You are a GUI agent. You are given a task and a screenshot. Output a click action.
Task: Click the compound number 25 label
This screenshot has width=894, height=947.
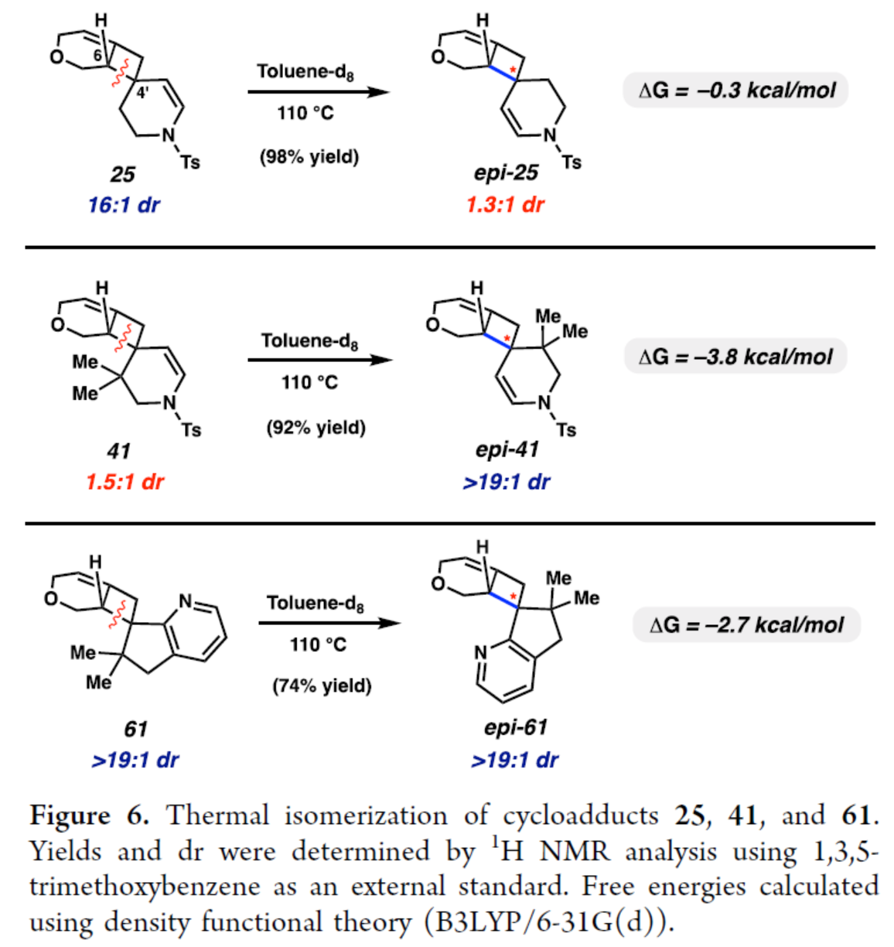122,174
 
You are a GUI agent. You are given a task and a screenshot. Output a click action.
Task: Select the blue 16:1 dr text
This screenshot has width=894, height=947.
124,205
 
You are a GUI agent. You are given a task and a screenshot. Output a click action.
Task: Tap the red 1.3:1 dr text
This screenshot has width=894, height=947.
505,205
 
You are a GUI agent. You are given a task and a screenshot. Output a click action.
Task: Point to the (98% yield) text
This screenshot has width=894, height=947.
309,157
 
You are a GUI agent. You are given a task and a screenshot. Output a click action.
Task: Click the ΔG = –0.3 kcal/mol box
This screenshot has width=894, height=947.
735,91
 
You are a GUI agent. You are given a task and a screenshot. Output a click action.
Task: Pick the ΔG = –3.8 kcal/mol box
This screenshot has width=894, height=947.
735,357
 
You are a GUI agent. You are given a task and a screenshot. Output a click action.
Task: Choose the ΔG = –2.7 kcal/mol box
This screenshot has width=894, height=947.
746,625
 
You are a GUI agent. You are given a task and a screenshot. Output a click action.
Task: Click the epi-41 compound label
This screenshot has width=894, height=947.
507,450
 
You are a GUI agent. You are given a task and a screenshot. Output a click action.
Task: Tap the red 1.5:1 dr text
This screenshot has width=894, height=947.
125,482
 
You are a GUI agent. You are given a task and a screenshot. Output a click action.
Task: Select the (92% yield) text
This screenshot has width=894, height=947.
316,427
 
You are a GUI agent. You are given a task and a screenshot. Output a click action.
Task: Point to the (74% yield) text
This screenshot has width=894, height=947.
322,685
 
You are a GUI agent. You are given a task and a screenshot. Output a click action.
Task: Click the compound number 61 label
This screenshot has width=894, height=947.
135,729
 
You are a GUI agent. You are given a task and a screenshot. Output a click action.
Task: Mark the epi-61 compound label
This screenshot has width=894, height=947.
515,727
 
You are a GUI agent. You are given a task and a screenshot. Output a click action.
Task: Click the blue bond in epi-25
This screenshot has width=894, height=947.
503,73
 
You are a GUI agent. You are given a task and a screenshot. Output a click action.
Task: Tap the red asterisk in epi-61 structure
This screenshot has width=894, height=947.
513,596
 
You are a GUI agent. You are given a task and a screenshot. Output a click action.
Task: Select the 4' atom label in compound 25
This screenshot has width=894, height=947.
143,94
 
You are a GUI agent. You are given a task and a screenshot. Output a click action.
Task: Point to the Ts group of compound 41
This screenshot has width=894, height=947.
191,429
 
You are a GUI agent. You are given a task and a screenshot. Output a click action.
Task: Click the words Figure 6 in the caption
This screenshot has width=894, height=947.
89,815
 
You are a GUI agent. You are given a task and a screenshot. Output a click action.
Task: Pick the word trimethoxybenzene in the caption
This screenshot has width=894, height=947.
144,886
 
